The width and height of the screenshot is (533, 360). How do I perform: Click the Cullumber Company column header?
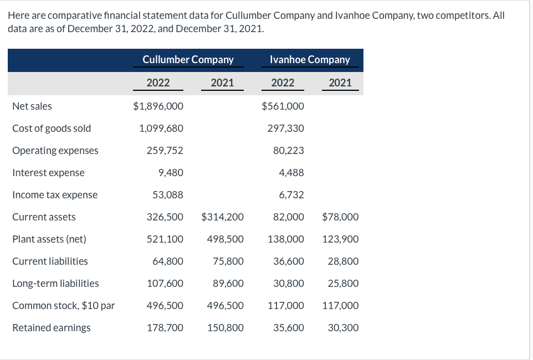pyautogui.click(x=188, y=59)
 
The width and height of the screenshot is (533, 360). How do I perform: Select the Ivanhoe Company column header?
pyautogui.click(x=310, y=59)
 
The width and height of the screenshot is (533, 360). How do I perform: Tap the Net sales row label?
pyautogui.click(x=32, y=106)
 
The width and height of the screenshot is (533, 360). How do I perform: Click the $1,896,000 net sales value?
pyautogui.click(x=158, y=106)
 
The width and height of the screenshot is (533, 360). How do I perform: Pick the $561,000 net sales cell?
pyautogui.click(x=283, y=106)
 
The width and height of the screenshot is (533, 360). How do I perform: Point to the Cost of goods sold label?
pyautogui.click(x=52, y=128)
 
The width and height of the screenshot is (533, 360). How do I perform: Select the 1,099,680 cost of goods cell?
pyautogui.click(x=161, y=128)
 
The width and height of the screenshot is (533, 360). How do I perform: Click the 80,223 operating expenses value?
pyautogui.click(x=289, y=150)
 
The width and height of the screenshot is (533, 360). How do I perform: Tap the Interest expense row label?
pyautogui.click(x=48, y=172)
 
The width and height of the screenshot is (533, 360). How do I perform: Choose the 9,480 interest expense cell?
pyautogui.click(x=171, y=172)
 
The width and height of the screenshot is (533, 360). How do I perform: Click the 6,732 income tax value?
pyautogui.click(x=292, y=194)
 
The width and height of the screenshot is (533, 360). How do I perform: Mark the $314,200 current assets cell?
pyautogui.click(x=222, y=217)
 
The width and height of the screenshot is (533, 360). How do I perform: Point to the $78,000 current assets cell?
pyautogui.click(x=340, y=217)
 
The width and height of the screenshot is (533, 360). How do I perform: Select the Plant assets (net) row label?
pyautogui.click(x=49, y=239)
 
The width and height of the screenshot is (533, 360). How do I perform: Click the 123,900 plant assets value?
pyautogui.click(x=340, y=239)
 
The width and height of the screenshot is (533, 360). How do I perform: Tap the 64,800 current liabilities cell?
pyautogui.click(x=168, y=261)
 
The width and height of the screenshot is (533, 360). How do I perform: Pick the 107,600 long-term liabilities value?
pyautogui.click(x=165, y=283)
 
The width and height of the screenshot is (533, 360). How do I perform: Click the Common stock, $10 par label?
pyautogui.click(x=64, y=305)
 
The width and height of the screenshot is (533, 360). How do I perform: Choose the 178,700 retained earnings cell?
pyautogui.click(x=165, y=327)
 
